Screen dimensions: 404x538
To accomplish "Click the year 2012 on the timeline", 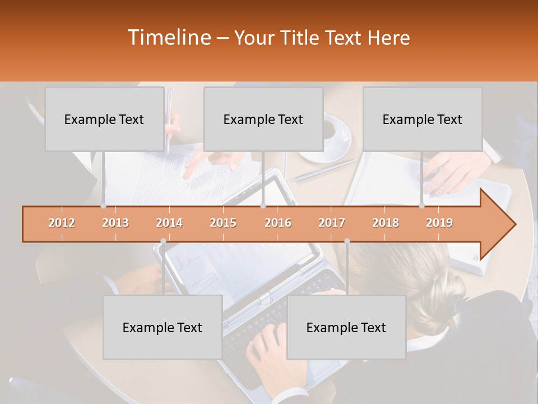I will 62,223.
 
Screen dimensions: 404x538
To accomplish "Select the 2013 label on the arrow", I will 115,223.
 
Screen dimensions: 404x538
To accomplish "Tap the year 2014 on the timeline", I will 169,223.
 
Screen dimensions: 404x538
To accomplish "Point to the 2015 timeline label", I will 223,223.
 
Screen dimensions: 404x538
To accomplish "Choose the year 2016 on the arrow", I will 278,223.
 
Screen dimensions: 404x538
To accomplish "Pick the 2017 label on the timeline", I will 332,223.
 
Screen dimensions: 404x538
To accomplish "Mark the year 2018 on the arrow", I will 386,223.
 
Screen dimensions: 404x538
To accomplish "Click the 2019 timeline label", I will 439,223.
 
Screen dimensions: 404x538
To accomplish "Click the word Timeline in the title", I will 168,38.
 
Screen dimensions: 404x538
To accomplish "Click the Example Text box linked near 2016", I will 263,119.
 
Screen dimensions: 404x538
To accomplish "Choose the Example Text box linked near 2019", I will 422,119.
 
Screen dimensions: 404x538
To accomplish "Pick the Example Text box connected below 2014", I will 163,327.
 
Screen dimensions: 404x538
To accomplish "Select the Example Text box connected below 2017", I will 346,327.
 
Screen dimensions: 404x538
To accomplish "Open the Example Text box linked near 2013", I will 104,119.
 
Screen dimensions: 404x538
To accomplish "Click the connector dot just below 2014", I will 163,241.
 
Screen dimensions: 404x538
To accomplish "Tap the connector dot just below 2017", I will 347,241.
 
